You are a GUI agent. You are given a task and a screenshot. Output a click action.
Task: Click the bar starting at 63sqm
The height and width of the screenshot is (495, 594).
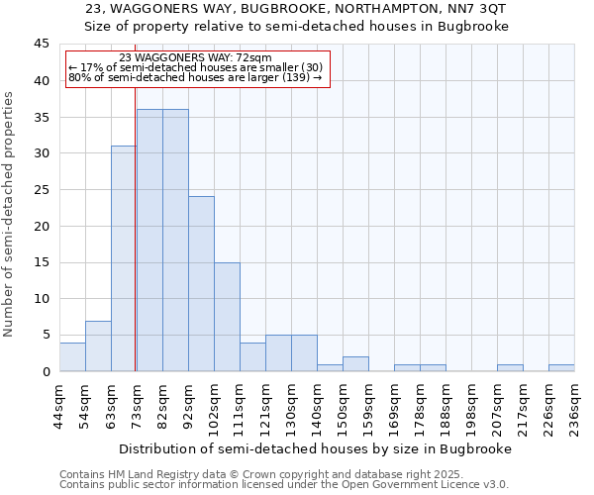(124, 258)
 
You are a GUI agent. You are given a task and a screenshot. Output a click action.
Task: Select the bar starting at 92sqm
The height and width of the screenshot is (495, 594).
(201, 284)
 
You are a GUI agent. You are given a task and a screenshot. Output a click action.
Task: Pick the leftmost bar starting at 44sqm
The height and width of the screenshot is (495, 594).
(72, 356)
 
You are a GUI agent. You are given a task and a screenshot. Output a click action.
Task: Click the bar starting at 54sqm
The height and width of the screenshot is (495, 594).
(98, 346)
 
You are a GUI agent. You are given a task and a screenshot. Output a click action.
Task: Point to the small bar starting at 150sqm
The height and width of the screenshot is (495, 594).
(355, 364)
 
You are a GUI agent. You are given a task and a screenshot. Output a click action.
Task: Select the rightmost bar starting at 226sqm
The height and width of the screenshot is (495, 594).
(561, 368)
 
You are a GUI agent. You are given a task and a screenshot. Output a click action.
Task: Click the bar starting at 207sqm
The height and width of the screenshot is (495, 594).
(510, 368)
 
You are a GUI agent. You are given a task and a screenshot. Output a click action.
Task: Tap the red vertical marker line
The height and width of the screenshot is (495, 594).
(135, 247)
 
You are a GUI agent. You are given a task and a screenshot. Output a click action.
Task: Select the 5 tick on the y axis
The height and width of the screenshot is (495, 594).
(45, 335)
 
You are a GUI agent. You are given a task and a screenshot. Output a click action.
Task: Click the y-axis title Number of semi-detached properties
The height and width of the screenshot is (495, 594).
(10, 214)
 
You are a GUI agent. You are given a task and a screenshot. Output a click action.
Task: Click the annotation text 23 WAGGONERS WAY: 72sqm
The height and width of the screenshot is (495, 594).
(195, 58)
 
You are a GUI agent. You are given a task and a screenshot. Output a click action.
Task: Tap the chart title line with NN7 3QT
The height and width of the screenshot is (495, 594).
(295, 9)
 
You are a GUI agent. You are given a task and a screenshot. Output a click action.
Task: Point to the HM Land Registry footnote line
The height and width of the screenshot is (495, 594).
(267, 475)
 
